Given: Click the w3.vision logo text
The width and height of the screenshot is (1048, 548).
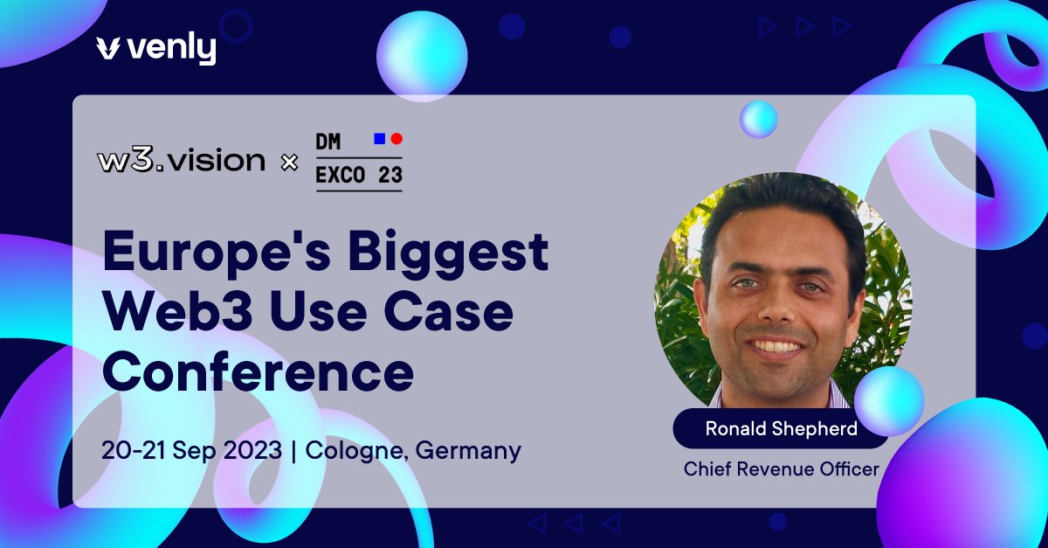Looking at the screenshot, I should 182,161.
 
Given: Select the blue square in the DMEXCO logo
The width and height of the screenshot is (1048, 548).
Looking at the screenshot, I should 379,138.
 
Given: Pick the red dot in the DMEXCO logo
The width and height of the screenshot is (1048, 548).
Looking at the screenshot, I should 396,138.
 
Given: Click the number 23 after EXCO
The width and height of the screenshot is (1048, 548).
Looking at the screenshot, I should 390,175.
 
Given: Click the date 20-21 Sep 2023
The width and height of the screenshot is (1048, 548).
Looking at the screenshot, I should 191,451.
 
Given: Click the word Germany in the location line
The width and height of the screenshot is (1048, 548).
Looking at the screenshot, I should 469,451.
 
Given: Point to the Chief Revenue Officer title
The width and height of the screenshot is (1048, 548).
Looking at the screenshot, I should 782,469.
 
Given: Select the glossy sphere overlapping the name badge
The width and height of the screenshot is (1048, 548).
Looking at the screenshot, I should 889,401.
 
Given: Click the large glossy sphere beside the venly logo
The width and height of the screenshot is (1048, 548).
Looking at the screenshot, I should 422,57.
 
